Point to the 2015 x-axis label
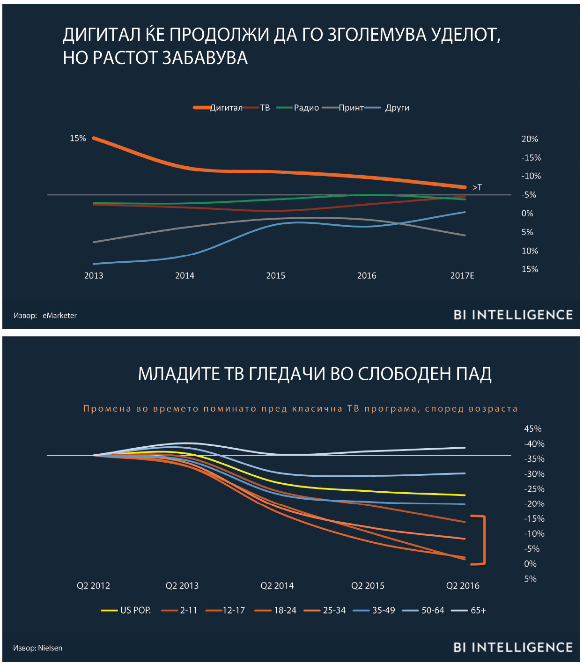275,275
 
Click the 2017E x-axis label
462,275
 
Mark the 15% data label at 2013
78,138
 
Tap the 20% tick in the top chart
530,139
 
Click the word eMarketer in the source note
59,316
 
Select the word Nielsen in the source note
50,648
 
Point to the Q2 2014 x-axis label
277,585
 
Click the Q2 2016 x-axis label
463,585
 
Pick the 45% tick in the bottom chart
532,429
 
